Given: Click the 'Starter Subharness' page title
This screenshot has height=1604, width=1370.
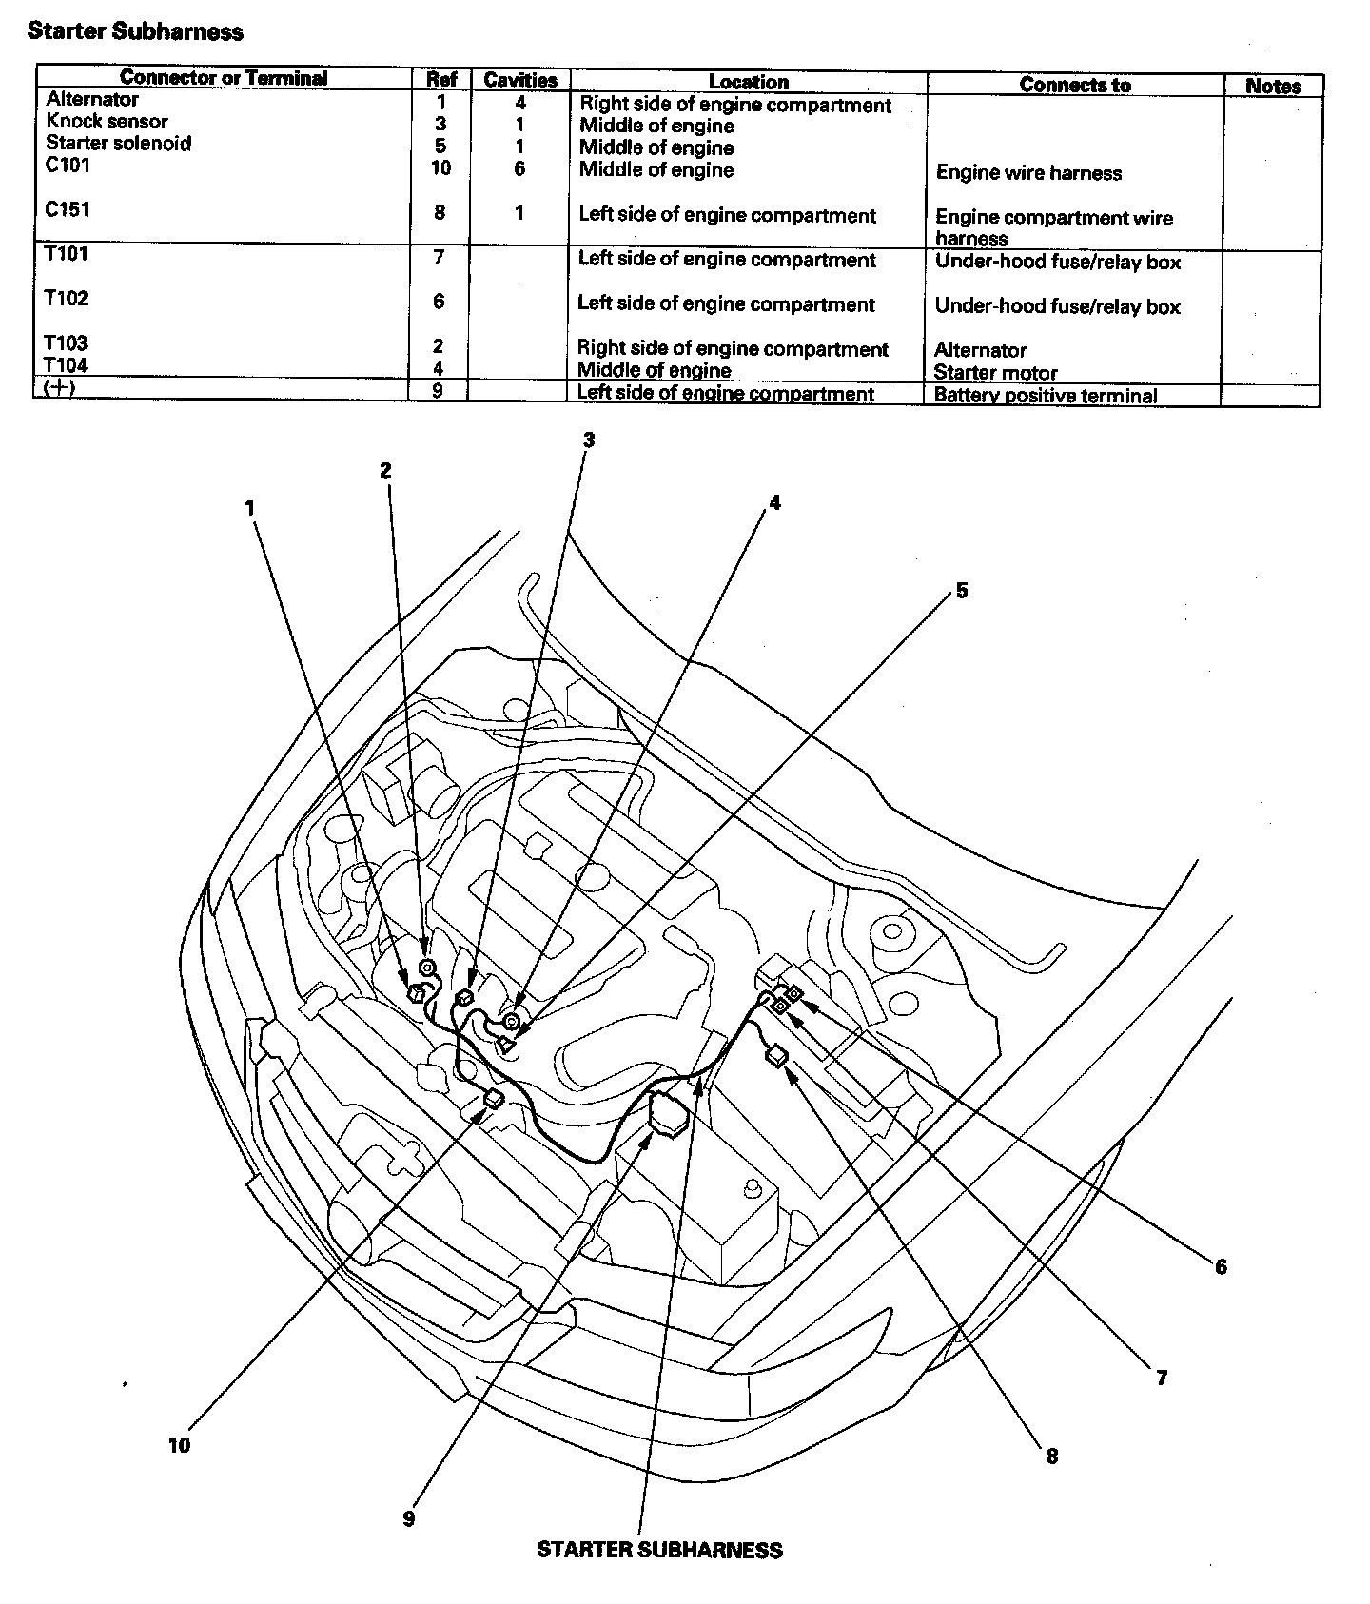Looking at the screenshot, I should pos(135,31).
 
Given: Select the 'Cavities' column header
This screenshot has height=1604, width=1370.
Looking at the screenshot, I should pos(520,80).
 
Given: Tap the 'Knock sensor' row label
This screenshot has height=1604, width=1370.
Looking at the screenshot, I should pos(107,122).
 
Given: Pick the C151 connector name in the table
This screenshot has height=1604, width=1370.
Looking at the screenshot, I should pos(68,209).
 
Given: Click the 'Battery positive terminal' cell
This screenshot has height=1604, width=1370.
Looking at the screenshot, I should pos(1046,395).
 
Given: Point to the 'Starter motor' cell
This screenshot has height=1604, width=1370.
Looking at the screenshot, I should pos(995,372).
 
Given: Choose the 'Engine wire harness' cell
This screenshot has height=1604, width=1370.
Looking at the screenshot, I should pos(1028,173).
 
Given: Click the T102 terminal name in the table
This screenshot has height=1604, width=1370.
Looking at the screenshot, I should pos(67,299).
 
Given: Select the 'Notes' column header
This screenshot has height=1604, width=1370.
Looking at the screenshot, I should pos(1273,86).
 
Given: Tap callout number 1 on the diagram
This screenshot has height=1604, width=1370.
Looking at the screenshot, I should pos(250,508).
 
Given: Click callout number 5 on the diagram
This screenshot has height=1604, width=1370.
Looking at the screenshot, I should pos(962,591).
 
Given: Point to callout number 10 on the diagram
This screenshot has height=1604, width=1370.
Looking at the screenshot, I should pos(179,1445).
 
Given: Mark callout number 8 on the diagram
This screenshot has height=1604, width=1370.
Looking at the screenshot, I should pos(1051,1456).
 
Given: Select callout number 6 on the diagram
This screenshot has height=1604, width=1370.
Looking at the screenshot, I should pos(1221,1266).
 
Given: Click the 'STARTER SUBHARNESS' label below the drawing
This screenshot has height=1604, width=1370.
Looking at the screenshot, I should pos(659,1550).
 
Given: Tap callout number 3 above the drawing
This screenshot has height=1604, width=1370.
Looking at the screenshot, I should pos(589,440).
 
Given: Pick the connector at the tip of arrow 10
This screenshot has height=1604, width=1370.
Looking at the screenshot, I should pos(494,1100).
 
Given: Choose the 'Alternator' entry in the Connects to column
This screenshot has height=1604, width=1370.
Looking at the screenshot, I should pos(980,350).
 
